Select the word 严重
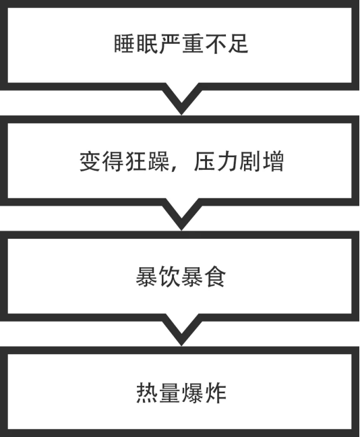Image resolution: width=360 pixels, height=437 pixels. [181, 44]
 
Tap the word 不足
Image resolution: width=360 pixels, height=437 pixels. [227, 44]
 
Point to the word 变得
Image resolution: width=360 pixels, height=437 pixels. [101, 162]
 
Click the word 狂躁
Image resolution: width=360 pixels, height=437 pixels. [147, 162]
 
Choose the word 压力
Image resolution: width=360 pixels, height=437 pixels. [215, 162]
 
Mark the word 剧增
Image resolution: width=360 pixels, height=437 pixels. [262, 162]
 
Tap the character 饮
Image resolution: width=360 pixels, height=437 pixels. [169, 277]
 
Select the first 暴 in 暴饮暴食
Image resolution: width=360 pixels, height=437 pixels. [146, 277]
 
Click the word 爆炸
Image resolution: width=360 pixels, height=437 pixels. [204, 393]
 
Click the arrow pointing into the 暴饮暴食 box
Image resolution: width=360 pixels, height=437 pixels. [181, 214]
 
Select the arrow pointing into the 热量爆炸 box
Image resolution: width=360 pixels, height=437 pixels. [181, 330]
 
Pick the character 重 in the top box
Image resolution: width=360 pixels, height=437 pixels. [192, 44]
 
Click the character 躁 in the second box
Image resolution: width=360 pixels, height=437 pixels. [158, 162]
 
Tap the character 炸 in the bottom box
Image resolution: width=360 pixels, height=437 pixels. [215, 393]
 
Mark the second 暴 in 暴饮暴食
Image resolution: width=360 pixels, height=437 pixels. [192, 277]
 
